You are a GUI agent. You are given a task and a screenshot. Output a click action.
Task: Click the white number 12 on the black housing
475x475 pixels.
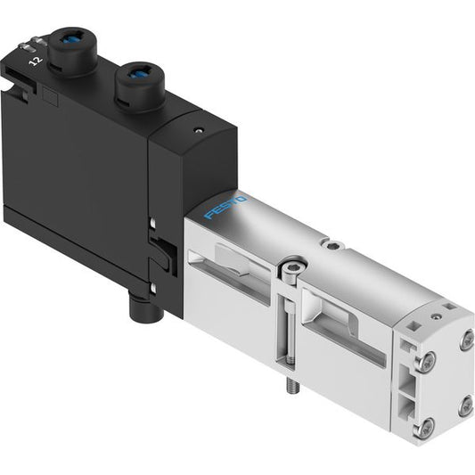pyautogui.click(x=36, y=61)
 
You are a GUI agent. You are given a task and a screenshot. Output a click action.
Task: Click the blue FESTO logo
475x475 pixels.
pyautogui.click(x=225, y=208)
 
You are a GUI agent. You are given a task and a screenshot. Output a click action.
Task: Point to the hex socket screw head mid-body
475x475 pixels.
pyautogui.click(x=291, y=267)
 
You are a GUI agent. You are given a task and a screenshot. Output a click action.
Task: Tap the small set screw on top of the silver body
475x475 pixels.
pyautogui.click(x=332, y=245)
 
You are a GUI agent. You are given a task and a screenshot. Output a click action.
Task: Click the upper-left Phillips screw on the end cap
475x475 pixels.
pyautogui.click(x=425, y=362)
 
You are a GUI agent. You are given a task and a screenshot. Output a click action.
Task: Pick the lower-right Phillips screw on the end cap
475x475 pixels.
pyautogui.click(x=465, y=407)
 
